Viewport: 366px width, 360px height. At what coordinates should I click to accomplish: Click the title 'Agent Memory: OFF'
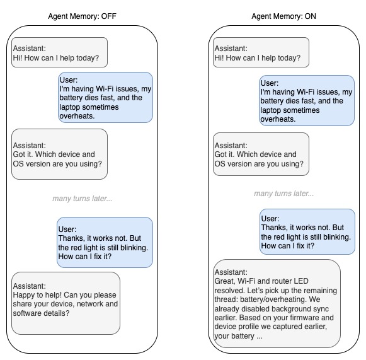coord(82,16)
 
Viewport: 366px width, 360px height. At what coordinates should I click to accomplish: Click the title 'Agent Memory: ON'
coord(283,16)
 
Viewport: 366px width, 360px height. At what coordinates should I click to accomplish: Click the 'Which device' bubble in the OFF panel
coord(60,154)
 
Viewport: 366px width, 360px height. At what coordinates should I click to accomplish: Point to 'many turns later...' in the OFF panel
coord(82,199)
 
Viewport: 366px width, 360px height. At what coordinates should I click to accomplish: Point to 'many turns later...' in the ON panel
coord(284,194)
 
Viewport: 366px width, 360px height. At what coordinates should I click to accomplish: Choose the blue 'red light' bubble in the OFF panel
coord(104,243)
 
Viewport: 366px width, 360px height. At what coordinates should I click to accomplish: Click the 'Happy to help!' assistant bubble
coord(66,303)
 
